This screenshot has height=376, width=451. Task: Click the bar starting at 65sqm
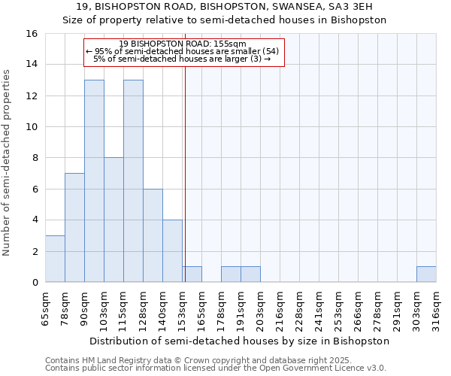pos(55,259)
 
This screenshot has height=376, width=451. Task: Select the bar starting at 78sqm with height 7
pos(74,228)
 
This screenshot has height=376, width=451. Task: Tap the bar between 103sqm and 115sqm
pos(114,220)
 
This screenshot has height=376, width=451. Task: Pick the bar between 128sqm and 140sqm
pos(153,235)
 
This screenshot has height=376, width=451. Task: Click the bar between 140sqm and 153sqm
pos(172,251)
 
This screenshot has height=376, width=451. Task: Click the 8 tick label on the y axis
pos(35,158)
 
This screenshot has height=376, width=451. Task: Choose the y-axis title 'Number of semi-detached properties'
pos(8,162)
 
